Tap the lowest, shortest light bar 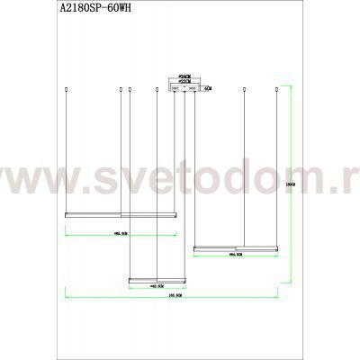pyautogui.click(x=157, y=279)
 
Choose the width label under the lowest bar pyautogui.click(x=157, y=287)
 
